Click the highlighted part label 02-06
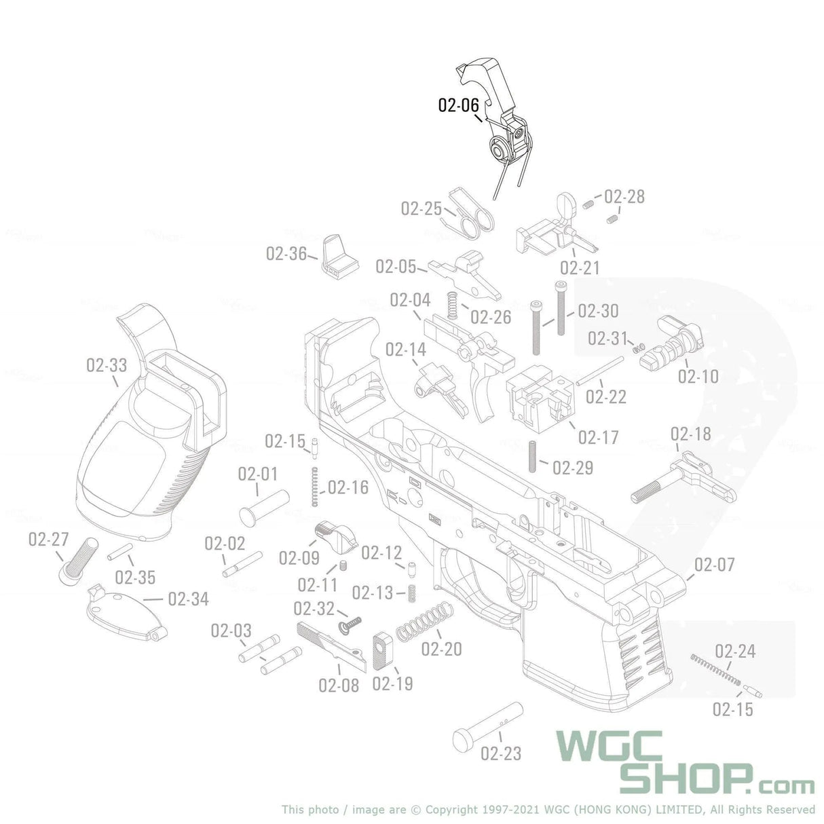(x=458, y=105)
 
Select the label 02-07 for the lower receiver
(x=715, y=565)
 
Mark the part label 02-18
(x=691, y=434)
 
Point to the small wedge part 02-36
(x=337, y=255)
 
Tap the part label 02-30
(x=598, y=311)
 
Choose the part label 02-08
(x=339, y=685)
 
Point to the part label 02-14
(x=406, y=350)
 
